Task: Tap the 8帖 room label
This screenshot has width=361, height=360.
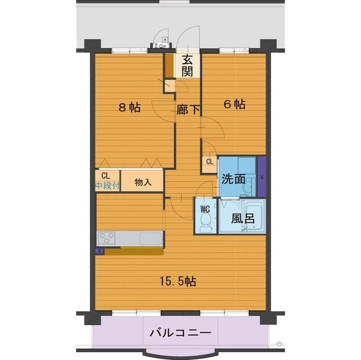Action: [x=129, y=107]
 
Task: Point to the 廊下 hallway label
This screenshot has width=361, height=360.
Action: [x=188, y=110]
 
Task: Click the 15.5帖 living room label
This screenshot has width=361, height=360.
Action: [x=177, y=281]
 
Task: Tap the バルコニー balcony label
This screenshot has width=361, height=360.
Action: [x=180, y=333]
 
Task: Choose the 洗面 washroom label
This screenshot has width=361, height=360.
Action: [x=233, y=179]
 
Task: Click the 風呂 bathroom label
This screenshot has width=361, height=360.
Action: [x=241, y=219]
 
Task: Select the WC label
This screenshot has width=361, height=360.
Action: [x=205, y=208]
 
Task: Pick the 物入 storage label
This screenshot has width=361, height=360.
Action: [x=143, y=182]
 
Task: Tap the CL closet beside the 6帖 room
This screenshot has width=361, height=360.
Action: [x=209, y=163]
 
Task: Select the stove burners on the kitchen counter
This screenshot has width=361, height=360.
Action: [x=106, y=238]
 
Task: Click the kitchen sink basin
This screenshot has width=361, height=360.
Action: [x=151, y=238]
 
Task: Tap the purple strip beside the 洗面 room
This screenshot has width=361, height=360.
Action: [x=261, y=176]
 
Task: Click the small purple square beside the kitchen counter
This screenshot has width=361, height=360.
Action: [x=100, y=251]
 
